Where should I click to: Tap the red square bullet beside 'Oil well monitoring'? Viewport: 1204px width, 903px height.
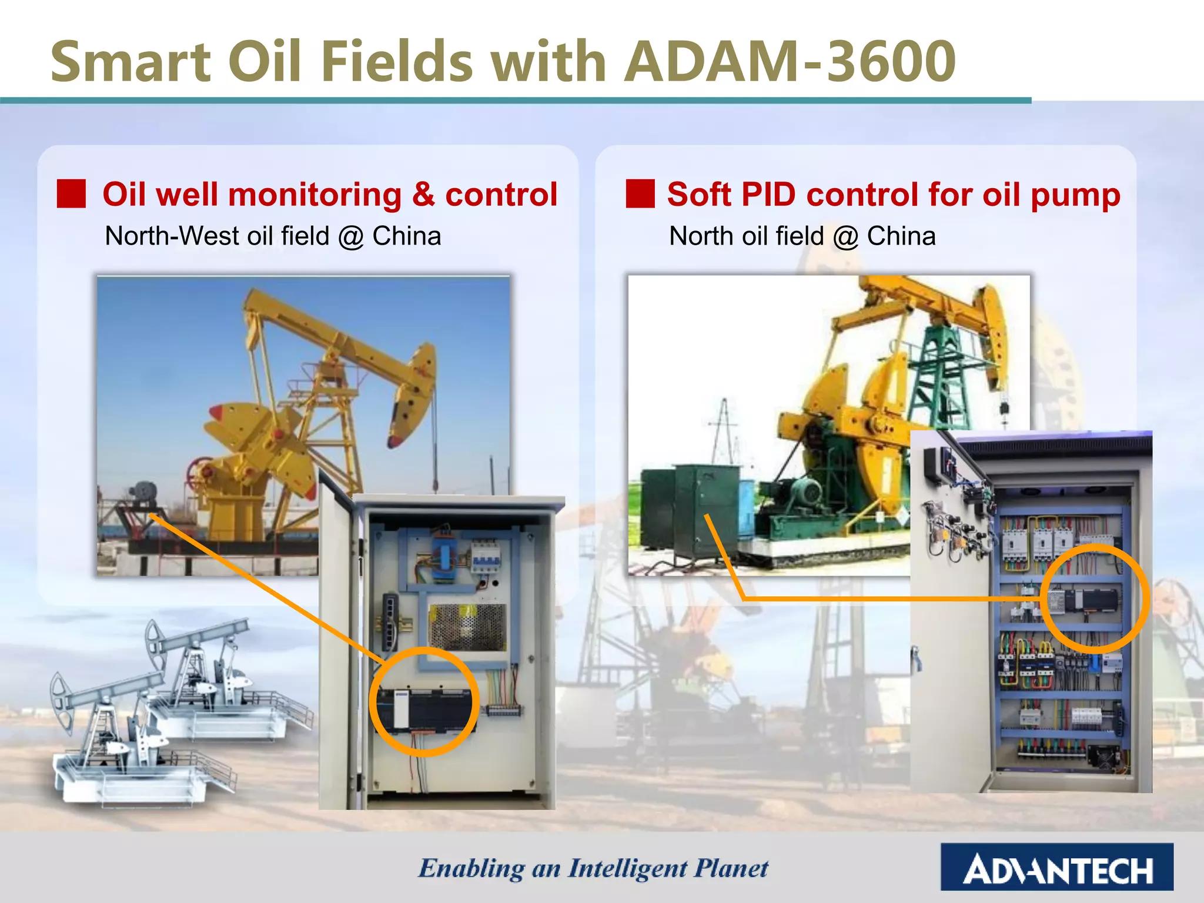point(71,194)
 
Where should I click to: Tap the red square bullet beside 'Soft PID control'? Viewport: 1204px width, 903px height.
point(640,194)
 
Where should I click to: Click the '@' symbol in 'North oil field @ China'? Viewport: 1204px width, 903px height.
point(845,236)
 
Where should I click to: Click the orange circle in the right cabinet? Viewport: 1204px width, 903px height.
point(1095,598)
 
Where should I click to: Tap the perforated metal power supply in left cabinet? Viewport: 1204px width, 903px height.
point(467,627)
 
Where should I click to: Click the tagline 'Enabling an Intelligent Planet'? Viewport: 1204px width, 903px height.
point(593,868)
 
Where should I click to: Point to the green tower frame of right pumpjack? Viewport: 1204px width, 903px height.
point(941,376)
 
